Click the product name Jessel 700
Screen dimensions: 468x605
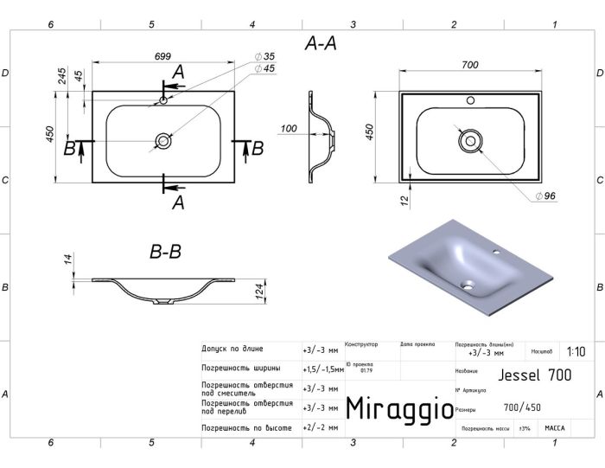tap(536, 375)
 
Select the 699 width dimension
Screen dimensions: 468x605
tap(162, 56)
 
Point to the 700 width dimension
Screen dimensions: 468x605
tap(470, 65)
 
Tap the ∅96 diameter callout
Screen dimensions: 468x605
tap(544, 196)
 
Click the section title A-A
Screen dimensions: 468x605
tap(321, 43)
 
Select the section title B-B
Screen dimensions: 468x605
tap(165, 253)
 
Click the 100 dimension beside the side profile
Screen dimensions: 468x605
tap(289, 129)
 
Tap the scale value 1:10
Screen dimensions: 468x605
tap(576, 352)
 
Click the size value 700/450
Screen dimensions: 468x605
tap(524, 407)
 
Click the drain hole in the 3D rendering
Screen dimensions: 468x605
tap(468, 282)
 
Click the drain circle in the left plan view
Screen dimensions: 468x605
tap(162, 139)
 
